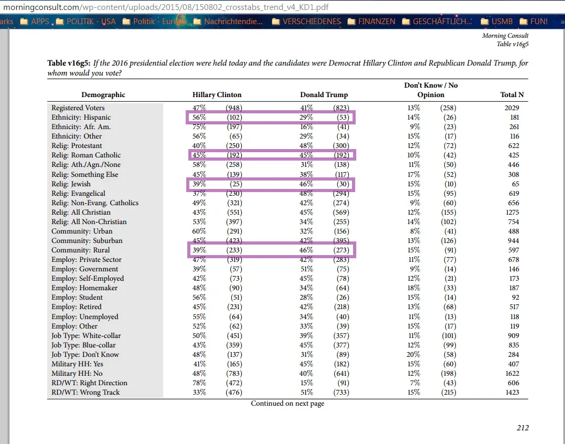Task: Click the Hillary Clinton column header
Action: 217,95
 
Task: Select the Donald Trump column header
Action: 324,95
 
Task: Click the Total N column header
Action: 512,95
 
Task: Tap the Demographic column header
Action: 103,95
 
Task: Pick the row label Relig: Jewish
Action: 71,184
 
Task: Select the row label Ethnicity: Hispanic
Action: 81,118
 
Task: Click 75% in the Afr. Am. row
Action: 199,127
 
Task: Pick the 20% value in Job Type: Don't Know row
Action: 414,355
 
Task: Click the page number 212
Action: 523,428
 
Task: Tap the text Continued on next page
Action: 287,404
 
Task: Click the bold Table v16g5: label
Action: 69,64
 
